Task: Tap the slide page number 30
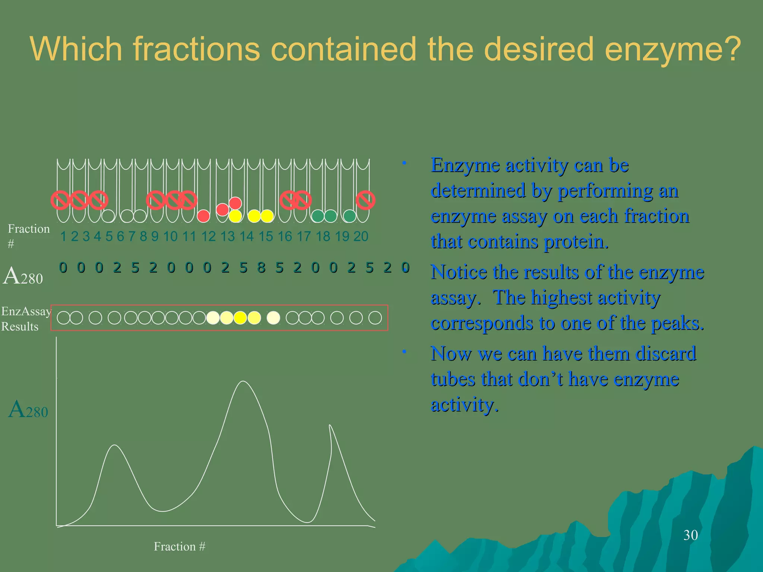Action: pyautogui.click(x=690, y=535)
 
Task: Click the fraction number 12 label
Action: pyautogui.click(x=208, y=236)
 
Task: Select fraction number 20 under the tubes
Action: pyautogui.click(x=361, y=236)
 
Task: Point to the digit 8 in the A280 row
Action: pyautogui.click(x=261, y=268)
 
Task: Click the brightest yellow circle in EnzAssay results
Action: pyautogui.click(x=240, y=318)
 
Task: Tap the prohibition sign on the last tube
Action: pyautogui.click(x=365, y=200)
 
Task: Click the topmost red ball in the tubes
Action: pyautogui.click(x=235, y=203)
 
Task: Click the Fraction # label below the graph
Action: pyautogui.click(x=180, y=546)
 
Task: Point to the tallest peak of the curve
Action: pyautogui.click(x=243, y=382)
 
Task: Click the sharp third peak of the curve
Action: pyautogui.click(x=330, y=426)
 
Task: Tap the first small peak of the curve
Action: pyautogui.click(x=115, y=445)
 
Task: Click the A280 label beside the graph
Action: pyautogui.click(x=28, y=410)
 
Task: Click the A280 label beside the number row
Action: pyautogui.click(x=23, y=276)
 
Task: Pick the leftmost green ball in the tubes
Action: pyautogui.click(x=318, y=216)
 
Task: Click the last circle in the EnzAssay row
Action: pyautogui.click(x=375, y=318)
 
